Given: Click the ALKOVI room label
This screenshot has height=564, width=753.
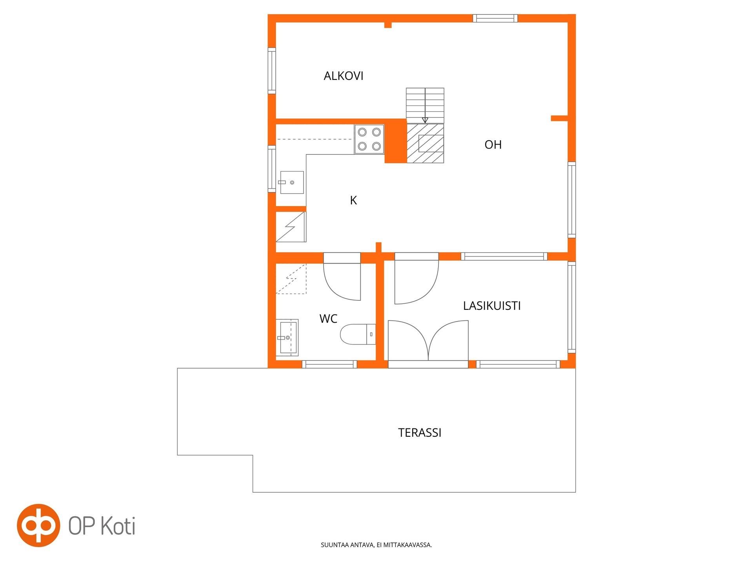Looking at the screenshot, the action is click(344, 76).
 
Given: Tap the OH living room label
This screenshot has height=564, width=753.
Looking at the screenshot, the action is click(493, 145).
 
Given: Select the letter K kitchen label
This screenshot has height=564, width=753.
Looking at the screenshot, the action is click(353, 201).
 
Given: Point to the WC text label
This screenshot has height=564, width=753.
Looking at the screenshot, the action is click(328, 319).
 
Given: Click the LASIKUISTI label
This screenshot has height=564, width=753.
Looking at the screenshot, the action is click(492, 306).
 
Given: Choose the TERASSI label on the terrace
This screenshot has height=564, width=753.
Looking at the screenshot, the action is click(420, 433).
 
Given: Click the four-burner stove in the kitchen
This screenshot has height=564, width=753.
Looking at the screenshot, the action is click(369, 139).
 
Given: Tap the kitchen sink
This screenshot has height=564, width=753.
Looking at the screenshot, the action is click(291, 183).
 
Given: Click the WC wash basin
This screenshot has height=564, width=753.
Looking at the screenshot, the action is click(287, 338).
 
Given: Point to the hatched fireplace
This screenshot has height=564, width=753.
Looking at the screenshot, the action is click(425, 143).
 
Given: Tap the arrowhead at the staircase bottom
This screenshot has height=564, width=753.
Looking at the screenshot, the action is click(425, 121).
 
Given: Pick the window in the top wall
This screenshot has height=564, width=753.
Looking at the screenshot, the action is click(495, 18).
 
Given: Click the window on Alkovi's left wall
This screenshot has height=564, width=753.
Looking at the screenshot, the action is click(272, 70).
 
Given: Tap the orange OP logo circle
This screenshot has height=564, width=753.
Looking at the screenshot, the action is click(38, 525).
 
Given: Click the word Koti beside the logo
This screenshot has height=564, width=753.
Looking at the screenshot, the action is click(118, 526).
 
